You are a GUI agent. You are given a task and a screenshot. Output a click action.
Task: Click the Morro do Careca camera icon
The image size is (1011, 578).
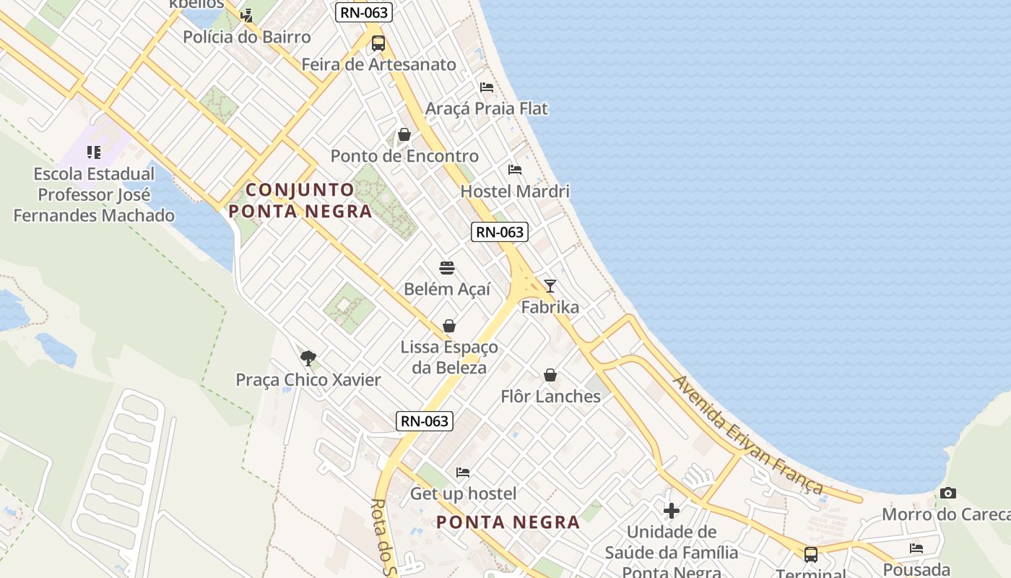[x=948, y=493]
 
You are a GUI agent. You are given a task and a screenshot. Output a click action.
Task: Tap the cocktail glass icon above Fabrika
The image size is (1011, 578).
[x=550, y=286]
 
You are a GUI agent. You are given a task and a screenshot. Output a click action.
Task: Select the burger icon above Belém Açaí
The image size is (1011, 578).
[x=447, y=268]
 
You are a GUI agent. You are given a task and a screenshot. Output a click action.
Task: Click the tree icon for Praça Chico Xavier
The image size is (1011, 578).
[x=308, y=358]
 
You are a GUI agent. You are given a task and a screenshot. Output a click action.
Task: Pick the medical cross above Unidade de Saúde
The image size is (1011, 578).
[x=672, y=511]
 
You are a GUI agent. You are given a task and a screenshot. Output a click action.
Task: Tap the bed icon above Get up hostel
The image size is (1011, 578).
[x=463, y=473]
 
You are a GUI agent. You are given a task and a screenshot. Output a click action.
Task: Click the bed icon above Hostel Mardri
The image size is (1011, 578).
[x=515, y=170]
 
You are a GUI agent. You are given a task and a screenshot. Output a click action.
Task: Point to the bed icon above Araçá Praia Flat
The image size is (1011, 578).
[x=487, y=87]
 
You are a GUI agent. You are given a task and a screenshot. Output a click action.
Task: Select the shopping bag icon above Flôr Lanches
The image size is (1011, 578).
[x=550, y=375]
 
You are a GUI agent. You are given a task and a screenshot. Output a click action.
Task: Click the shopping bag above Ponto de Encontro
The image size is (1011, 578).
[x=404, y=134]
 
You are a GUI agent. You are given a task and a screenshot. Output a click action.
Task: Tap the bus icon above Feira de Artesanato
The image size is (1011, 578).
[x=378, y=43]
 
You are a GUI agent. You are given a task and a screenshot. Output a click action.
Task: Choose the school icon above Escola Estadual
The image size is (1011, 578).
[x=94, y=152]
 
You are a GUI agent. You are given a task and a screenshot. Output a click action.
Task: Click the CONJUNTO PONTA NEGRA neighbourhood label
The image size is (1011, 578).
[x=300, y=200]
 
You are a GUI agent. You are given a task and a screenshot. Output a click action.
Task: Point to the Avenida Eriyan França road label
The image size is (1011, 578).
[x=748, y=436]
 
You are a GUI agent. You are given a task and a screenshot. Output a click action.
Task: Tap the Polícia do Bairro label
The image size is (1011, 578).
[x=247, y=37]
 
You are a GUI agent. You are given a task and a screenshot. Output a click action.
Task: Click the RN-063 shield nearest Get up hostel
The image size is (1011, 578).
[x=425, y=421]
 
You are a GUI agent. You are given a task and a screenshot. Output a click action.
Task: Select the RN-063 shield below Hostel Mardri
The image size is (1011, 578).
[x=500, y=232]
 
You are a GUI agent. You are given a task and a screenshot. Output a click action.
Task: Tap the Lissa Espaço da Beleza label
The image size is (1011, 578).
[x=449, y=357]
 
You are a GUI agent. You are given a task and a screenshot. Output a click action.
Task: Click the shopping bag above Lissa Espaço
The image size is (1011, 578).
[x=449, y=326]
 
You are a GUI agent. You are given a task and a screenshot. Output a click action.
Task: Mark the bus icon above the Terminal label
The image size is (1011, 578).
[x=811, y=554]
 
